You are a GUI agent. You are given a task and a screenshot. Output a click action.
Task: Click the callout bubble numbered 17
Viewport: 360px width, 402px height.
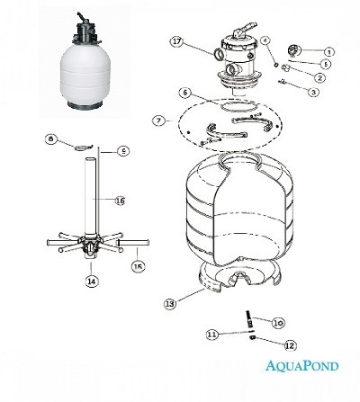(177, 41)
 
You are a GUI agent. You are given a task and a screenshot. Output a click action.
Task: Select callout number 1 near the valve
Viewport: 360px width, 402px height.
(328, 52)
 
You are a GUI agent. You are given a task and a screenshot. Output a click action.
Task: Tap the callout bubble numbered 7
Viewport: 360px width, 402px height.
(158, 121)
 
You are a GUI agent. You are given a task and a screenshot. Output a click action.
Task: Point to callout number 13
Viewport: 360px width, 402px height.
(170, 304)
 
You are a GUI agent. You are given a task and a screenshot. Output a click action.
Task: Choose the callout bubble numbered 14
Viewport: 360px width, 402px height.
(92, 281)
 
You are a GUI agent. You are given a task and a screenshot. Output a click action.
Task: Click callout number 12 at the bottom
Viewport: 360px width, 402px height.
(290, 345)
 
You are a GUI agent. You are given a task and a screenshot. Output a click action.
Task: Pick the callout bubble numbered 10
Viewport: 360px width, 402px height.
(278, 323)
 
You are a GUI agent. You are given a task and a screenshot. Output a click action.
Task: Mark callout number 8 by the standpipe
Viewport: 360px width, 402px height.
(50, 138)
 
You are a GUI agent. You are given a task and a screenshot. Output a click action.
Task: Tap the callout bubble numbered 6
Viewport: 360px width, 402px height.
(184, 93)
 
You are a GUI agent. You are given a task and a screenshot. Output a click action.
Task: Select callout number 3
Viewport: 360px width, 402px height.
(313, 92)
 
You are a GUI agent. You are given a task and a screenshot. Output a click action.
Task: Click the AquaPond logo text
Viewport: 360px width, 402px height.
(301, 366)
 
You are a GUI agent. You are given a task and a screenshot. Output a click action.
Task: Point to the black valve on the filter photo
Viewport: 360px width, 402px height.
(85, 30)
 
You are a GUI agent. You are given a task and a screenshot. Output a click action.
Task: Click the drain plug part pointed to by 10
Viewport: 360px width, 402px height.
(248, 319)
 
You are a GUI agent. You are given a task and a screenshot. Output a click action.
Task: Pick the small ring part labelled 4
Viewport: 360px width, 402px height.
(276, 64)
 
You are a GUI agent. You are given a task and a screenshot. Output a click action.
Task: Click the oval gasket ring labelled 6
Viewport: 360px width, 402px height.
(238, 106)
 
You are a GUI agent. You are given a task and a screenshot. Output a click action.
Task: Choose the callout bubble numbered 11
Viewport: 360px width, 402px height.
(212, 335)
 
